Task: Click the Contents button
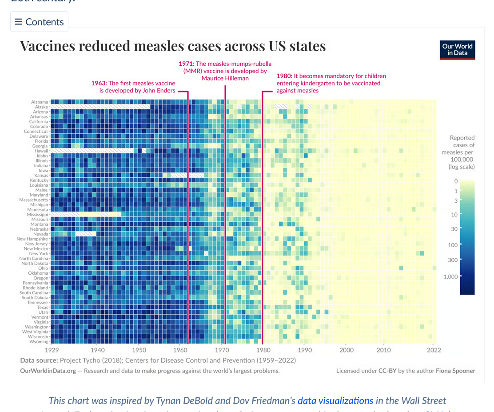tap(39, 22)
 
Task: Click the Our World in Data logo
tap(457, 49)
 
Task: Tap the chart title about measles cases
tap(173, 46)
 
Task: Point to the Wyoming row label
tap(39, 342)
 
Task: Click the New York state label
tap(38, 254)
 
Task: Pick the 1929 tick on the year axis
tap(52, 350)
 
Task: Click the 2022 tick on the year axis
tap(434, 350)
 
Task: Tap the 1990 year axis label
tap(304, 350)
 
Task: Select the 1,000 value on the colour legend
tap(450, 276)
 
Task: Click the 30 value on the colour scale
tap(454, 229)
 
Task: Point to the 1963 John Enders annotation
tap(133, 87)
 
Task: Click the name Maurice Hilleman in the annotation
tap(225, 78)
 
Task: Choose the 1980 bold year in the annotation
tap(284, 76)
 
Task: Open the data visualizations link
tap(335, 401)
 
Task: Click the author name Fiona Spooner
tap(455, 371)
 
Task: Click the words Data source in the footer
tap(39, 360)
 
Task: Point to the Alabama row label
tap(40, 102)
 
